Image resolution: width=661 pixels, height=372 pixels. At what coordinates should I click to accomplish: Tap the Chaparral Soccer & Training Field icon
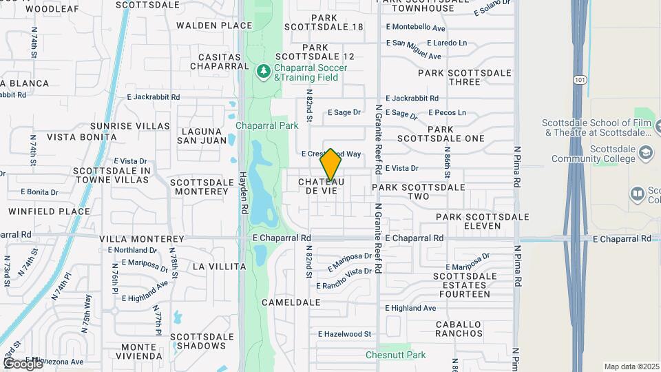[x=263, y=72]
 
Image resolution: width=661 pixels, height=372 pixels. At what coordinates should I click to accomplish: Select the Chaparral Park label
[x=267, y=125]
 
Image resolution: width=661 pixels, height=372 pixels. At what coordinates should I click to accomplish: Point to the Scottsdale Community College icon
[x=646, y=152]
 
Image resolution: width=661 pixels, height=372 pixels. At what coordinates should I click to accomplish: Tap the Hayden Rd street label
[x=243, y=189]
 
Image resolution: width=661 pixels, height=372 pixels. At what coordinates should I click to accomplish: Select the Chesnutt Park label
[x=396, y=355]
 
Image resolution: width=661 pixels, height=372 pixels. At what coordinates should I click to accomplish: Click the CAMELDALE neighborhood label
[x=291, y=302]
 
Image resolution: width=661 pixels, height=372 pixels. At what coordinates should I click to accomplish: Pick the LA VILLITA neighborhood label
[x=219, y=266]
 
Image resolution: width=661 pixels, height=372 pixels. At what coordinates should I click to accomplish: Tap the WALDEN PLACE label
[x=214, y=25]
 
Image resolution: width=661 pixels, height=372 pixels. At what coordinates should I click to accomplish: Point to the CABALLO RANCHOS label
[x=459, y=329]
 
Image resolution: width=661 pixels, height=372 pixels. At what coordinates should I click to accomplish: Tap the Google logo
[x=23, y=363]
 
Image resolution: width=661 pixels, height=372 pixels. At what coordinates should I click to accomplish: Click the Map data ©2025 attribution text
[x=631, y=366]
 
